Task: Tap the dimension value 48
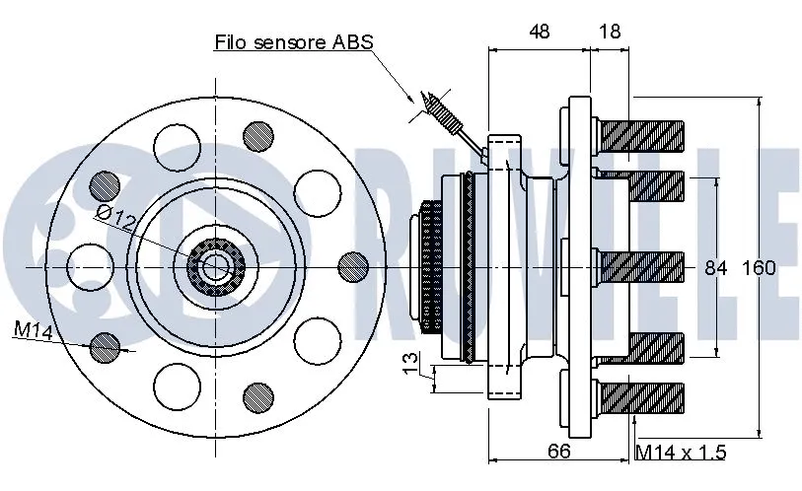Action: [x=539, y=32]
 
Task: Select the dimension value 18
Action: [x=610, y=32]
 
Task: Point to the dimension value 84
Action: [x=715, y=267]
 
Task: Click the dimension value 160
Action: [x=759, y=267]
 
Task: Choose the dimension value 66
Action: [x=558, y=452]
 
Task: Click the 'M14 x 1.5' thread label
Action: [x=680, y=453]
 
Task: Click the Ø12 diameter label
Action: [x=115, y=218]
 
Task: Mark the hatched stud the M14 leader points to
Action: [x=105, y=345]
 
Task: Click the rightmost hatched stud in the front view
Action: [x=352, y=266]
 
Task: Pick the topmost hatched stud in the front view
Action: [x=258, y=134]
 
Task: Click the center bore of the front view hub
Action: [x=213, y=266]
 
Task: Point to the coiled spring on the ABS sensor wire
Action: [x=443, y=112]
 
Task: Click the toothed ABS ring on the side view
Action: [x=431, y=266]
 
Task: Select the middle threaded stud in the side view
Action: [x=641, y=266]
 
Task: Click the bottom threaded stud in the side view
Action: [x=641, y=397]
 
